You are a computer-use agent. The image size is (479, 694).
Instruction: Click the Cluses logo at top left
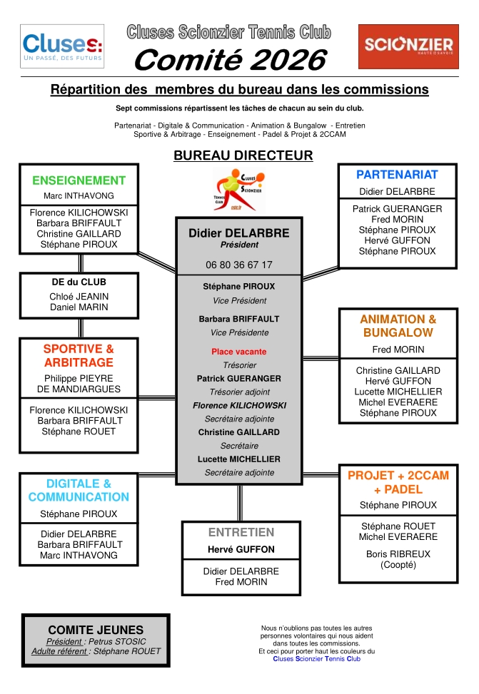click(62, 46)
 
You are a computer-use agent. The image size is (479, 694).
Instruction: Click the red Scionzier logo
click(408, 46)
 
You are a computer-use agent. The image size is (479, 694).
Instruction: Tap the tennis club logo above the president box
click(239, 190)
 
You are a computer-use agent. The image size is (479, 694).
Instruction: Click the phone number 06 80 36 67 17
click(239, 265)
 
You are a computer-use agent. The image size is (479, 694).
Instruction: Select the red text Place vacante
click(239, 352)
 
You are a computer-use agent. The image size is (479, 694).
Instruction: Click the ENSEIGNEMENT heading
click(79, 180)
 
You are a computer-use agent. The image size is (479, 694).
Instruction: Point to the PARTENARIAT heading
click(397, 175)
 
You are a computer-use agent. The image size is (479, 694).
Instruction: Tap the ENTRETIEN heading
click(241, 532)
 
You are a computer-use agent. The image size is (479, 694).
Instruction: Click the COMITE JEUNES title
click(96, 630)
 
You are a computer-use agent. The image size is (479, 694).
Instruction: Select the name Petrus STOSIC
click(117, 641)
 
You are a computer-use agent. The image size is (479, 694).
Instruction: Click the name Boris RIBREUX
click(398, 553)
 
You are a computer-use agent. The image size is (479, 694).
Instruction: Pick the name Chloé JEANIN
click(79, 297)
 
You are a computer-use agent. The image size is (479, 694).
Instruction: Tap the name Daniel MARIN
click(79, 307)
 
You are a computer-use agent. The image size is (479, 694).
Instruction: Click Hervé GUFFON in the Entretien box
click(241, 549)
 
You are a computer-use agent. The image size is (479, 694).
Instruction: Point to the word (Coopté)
click(398, 565)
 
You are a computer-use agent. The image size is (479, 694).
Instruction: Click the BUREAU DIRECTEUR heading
click(243, 155)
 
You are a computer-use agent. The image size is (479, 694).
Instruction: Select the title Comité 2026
click(231, 60)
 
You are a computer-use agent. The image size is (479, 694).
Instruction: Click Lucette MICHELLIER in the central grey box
click(239, 459)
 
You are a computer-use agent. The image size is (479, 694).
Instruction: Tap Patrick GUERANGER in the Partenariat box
click(397, 209)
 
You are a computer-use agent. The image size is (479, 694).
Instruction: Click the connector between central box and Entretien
click(240, 504)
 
